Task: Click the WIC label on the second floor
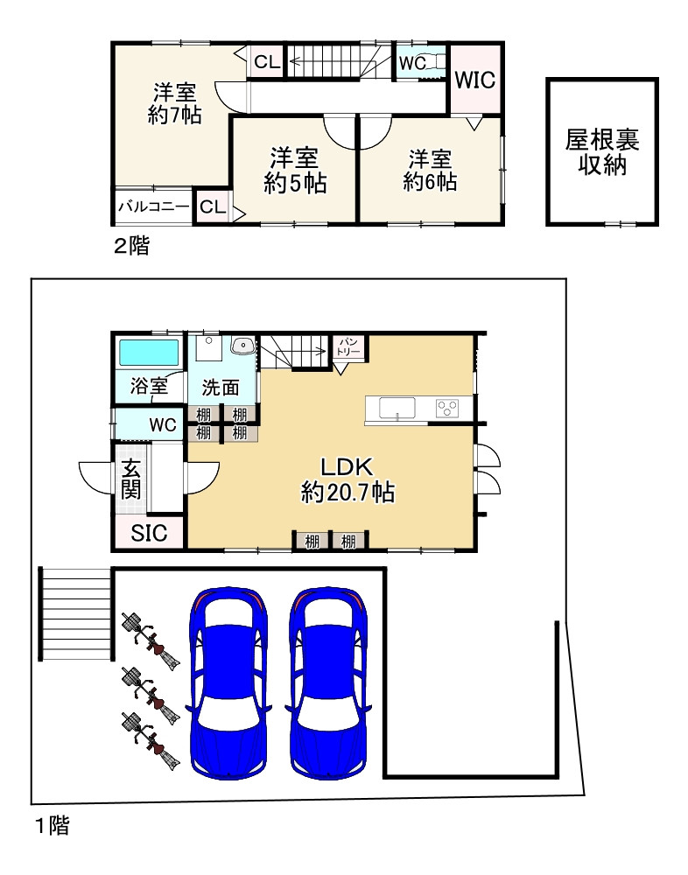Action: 474,80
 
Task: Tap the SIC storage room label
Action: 149,533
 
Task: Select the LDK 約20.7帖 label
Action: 348,480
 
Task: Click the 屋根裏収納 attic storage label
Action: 602,151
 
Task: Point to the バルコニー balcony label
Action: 153,207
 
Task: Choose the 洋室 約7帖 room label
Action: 174,103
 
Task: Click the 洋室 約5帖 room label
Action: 295,171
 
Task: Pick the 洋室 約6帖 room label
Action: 430,171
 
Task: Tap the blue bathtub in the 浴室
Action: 149,353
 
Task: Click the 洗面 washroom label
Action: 221,388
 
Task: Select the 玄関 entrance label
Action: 131,479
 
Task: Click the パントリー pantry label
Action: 348,347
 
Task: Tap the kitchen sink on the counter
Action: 397,408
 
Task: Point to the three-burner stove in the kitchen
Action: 447,408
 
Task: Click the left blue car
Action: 229,683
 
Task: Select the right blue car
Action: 329,683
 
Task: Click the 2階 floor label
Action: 132,246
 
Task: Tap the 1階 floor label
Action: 53,825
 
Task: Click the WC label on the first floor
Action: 163,425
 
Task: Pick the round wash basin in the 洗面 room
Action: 243,346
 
